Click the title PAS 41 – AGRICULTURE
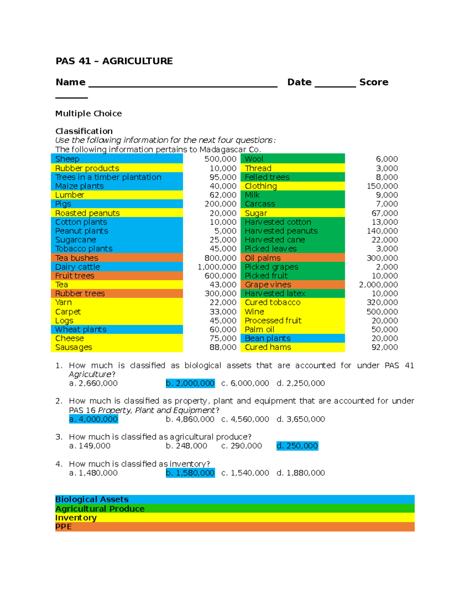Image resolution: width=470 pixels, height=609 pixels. (114, 61)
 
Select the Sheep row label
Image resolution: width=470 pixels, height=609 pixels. (67, 159)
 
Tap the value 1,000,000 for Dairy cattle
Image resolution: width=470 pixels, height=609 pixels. (217, 267)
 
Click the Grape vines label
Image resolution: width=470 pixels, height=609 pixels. (268, 285)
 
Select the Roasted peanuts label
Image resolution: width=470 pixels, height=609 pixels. (87, 213)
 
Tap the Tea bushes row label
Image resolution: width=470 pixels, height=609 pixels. (77, 258)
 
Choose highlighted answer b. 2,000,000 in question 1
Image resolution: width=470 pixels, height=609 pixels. (190, 384)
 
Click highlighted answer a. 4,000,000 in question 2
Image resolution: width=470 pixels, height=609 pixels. (94, 419)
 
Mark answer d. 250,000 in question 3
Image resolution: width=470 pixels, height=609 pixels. (297, 446)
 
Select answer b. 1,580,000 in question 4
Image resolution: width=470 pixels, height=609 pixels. (190, 473)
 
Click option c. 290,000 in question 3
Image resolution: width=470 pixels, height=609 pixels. (241, 446)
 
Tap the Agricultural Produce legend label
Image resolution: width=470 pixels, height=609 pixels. (100, 509)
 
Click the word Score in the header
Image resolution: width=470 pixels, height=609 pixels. (374, 82)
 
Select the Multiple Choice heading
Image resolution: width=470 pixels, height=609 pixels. (89, 114)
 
